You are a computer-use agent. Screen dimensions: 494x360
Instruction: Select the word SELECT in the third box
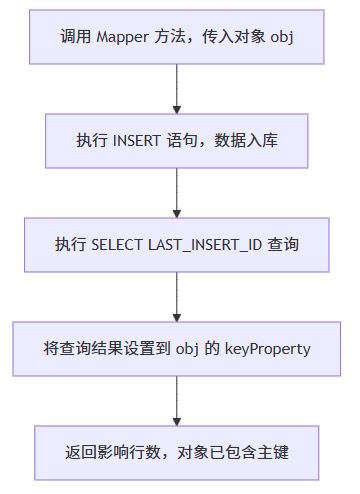click(x=118, y=244)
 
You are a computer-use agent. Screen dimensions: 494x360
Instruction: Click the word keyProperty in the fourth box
click(x=269, y=348)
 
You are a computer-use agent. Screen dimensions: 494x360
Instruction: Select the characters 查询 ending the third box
click(x=286, y=244)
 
